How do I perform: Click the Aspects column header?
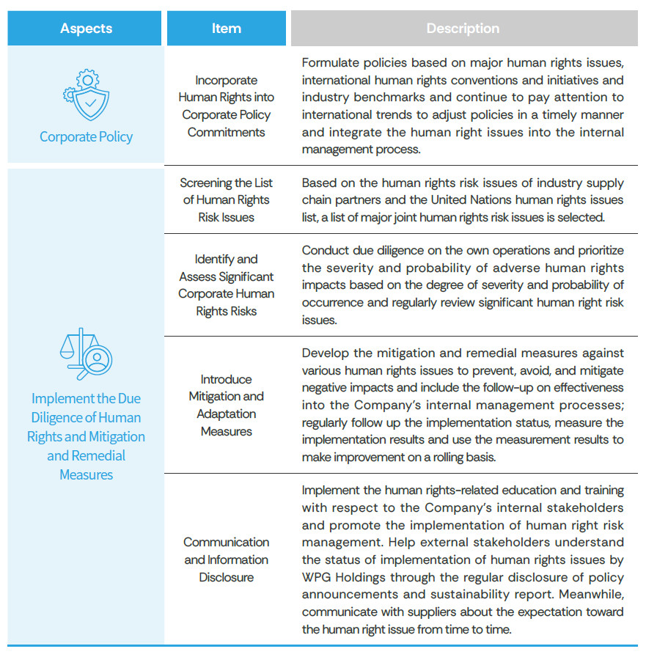click(86, 29)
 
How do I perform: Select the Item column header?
click(226, 29)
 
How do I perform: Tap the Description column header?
click(463, 29)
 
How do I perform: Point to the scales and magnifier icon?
click(86, 354)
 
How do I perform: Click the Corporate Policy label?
click(86, 137)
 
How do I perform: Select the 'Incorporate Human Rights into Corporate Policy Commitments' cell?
click(226, 106)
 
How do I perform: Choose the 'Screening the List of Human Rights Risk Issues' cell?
click(226, 200)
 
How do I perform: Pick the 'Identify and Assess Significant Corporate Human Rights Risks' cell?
click(226, 285)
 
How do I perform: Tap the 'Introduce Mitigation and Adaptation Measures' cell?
click(226, 405)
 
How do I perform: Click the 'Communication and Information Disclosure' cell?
click(226, 559)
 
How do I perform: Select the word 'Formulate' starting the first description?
click(329, 62)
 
